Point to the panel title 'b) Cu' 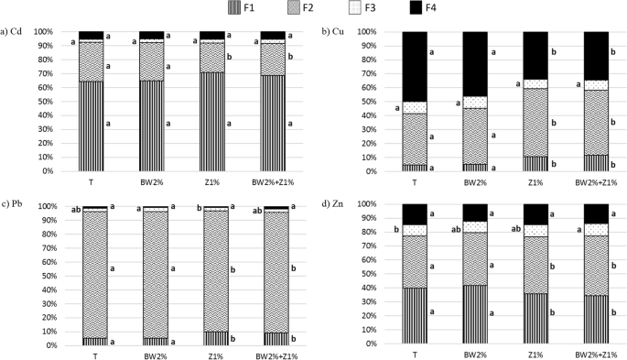[334, 32]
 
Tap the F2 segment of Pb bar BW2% [151, 275]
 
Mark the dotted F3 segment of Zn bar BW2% [475, 226]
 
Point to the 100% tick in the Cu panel [380, 31]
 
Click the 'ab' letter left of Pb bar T [70, 208]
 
